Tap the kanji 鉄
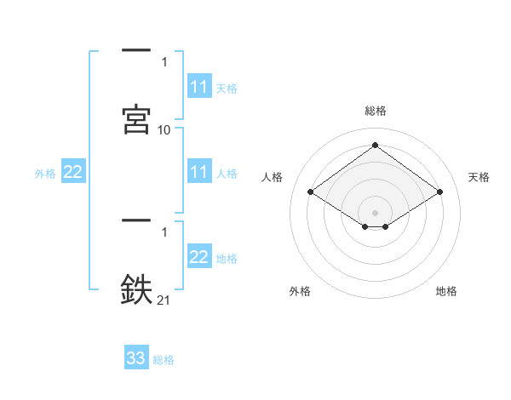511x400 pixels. pos(136,289)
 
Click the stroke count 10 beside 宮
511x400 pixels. pos(164,129)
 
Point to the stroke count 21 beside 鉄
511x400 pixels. pos(164,299)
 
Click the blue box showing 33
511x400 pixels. pos(136,358)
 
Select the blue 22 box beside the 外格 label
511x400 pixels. pos(73,173)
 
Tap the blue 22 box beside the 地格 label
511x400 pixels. pos(199,257)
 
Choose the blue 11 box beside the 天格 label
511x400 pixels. pos(199,87)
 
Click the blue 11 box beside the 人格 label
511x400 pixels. pos(199,172)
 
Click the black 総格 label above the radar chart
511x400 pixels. pos(376,111)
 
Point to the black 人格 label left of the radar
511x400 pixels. pos(273,177)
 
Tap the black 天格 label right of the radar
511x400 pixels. pos(479,177)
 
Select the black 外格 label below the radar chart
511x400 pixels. pos(300,291)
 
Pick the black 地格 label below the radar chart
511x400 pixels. pos(446,291)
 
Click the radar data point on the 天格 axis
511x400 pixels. pos(439,192)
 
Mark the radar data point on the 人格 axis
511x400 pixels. pos(312,192)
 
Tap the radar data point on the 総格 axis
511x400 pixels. pos(376,145)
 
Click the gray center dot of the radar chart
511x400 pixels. pos(376,212)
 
